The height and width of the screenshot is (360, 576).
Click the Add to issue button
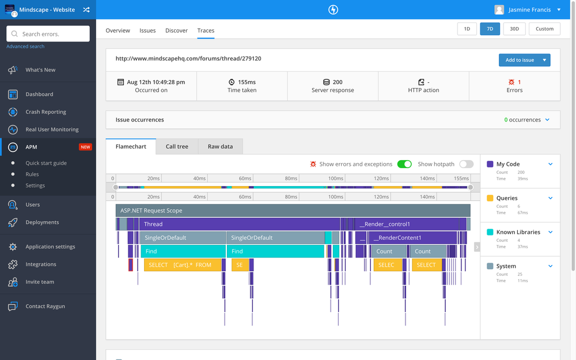(520, 60)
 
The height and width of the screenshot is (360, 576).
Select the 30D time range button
(514, 29)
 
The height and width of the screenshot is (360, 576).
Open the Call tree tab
(177, 146)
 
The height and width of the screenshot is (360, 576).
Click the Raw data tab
(220, 146)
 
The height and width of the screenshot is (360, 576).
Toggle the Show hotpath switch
(466, 164)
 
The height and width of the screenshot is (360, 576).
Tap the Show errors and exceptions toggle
(404, 164)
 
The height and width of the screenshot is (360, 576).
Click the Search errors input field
(48, 34)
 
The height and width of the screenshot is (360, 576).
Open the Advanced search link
(25, 47)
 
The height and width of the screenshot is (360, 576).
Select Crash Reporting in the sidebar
(46, 112)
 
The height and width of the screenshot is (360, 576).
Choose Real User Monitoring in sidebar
(52, 130)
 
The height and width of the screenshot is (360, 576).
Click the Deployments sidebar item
(42, 222)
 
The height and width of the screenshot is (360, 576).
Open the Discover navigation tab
(176, 31)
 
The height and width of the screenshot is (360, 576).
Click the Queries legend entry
(507, 198)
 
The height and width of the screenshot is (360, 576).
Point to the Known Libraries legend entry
(518, 232)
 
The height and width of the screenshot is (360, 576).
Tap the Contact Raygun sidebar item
(45, 306)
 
